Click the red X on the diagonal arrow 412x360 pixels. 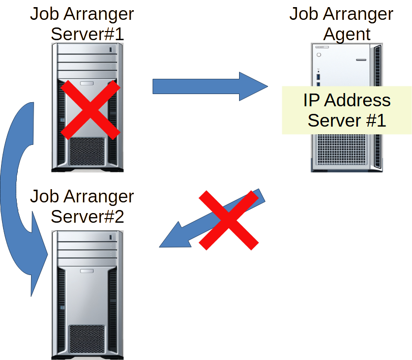pyautogui.click(x=228, y=220)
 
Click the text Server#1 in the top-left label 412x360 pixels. pyautogui.click(x=87, y=34)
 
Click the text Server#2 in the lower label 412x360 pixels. pyautogui.click(x=87, y=216)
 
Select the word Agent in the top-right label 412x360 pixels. pyautogui.click(x=347, y=34)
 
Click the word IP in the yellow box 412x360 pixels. pyautogui.click(x=312, y=100)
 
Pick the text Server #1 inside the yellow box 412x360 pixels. pyautogui.click(x=347, y=121)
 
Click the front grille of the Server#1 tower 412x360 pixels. pyautogui.click(x=87, y=151)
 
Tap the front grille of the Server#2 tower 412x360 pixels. pyautogui.click(x=87, y=338)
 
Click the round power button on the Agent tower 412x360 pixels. pyautogui.click(x=319, y=54)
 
